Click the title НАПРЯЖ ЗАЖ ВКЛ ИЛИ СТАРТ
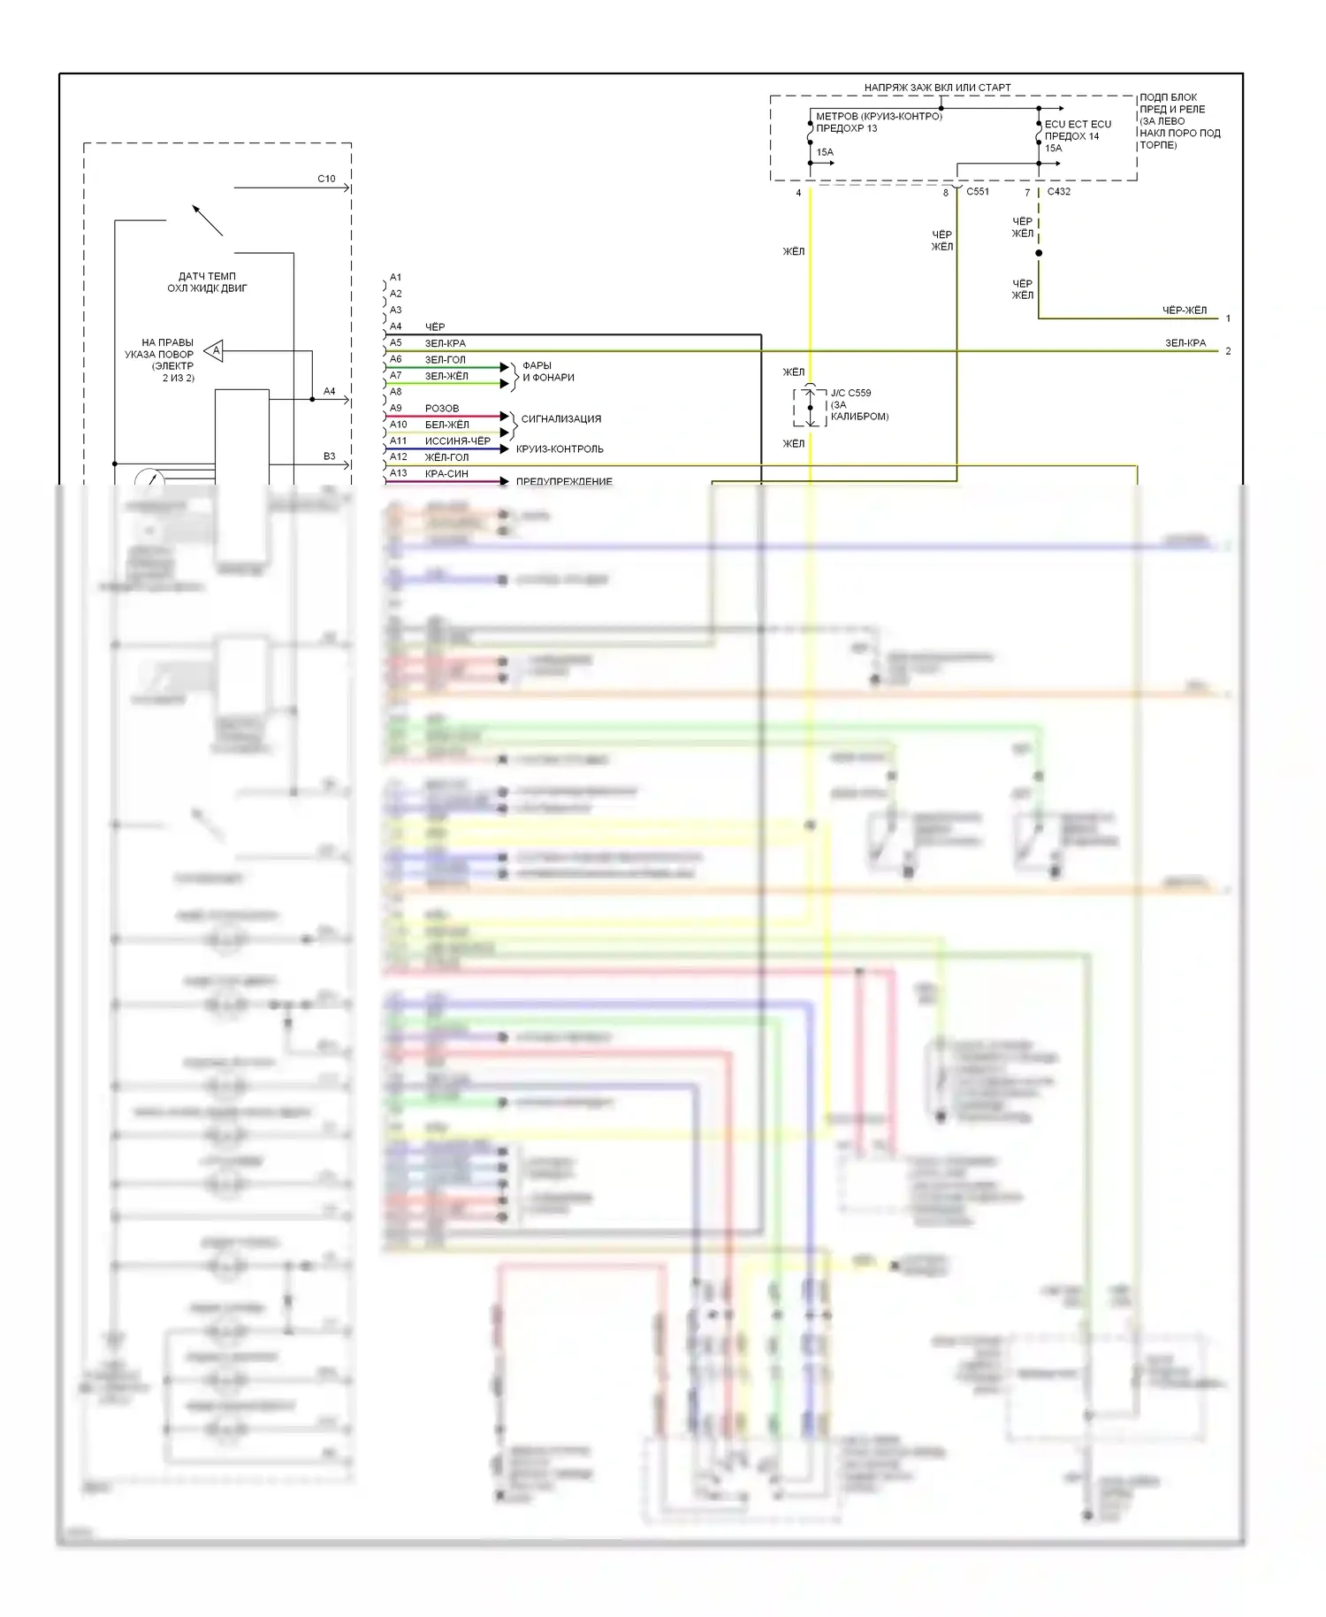pyautogui.click(x=937, y=88)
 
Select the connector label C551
pyautogui.click(x=978, y=191)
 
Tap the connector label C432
pyautogui.click(x=1058, y=191)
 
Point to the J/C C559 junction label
pyautogui.click(x=850, y=393)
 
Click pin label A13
pyautogui.click(x=398, y=473)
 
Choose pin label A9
pyautogui.click(x=395, y=408)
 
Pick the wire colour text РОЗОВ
pyautogui.click(x=442, y=409)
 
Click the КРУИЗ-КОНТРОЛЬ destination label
pyautogui.click(x=560, y=449)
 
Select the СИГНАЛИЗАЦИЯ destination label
pyautogui.click(x=561, y=419)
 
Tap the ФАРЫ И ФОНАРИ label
pyautogui.click(x=548, y=372)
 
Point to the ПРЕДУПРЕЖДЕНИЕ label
pyautogui.click(x=564, y=482)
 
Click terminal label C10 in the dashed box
pyautogui.click(x=326, y=179)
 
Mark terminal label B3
pyautogui.click(x=329, y=456)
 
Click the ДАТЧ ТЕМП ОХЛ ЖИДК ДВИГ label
pyautogui.click(x=207, y=282)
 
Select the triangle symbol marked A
pyautogui.click(x=215, y=351)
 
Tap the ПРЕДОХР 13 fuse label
pyautogui.click(x=846, y=128)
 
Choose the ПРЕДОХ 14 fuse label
pyautogui.click(x=1071, y=136)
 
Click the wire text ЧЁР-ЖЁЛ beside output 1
pyautogui.click(x=1184, y=310)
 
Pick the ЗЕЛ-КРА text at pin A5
pyautogui.click(x=445, y=343)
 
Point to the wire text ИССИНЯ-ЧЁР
pyautogui.click(x=457, y=441)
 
